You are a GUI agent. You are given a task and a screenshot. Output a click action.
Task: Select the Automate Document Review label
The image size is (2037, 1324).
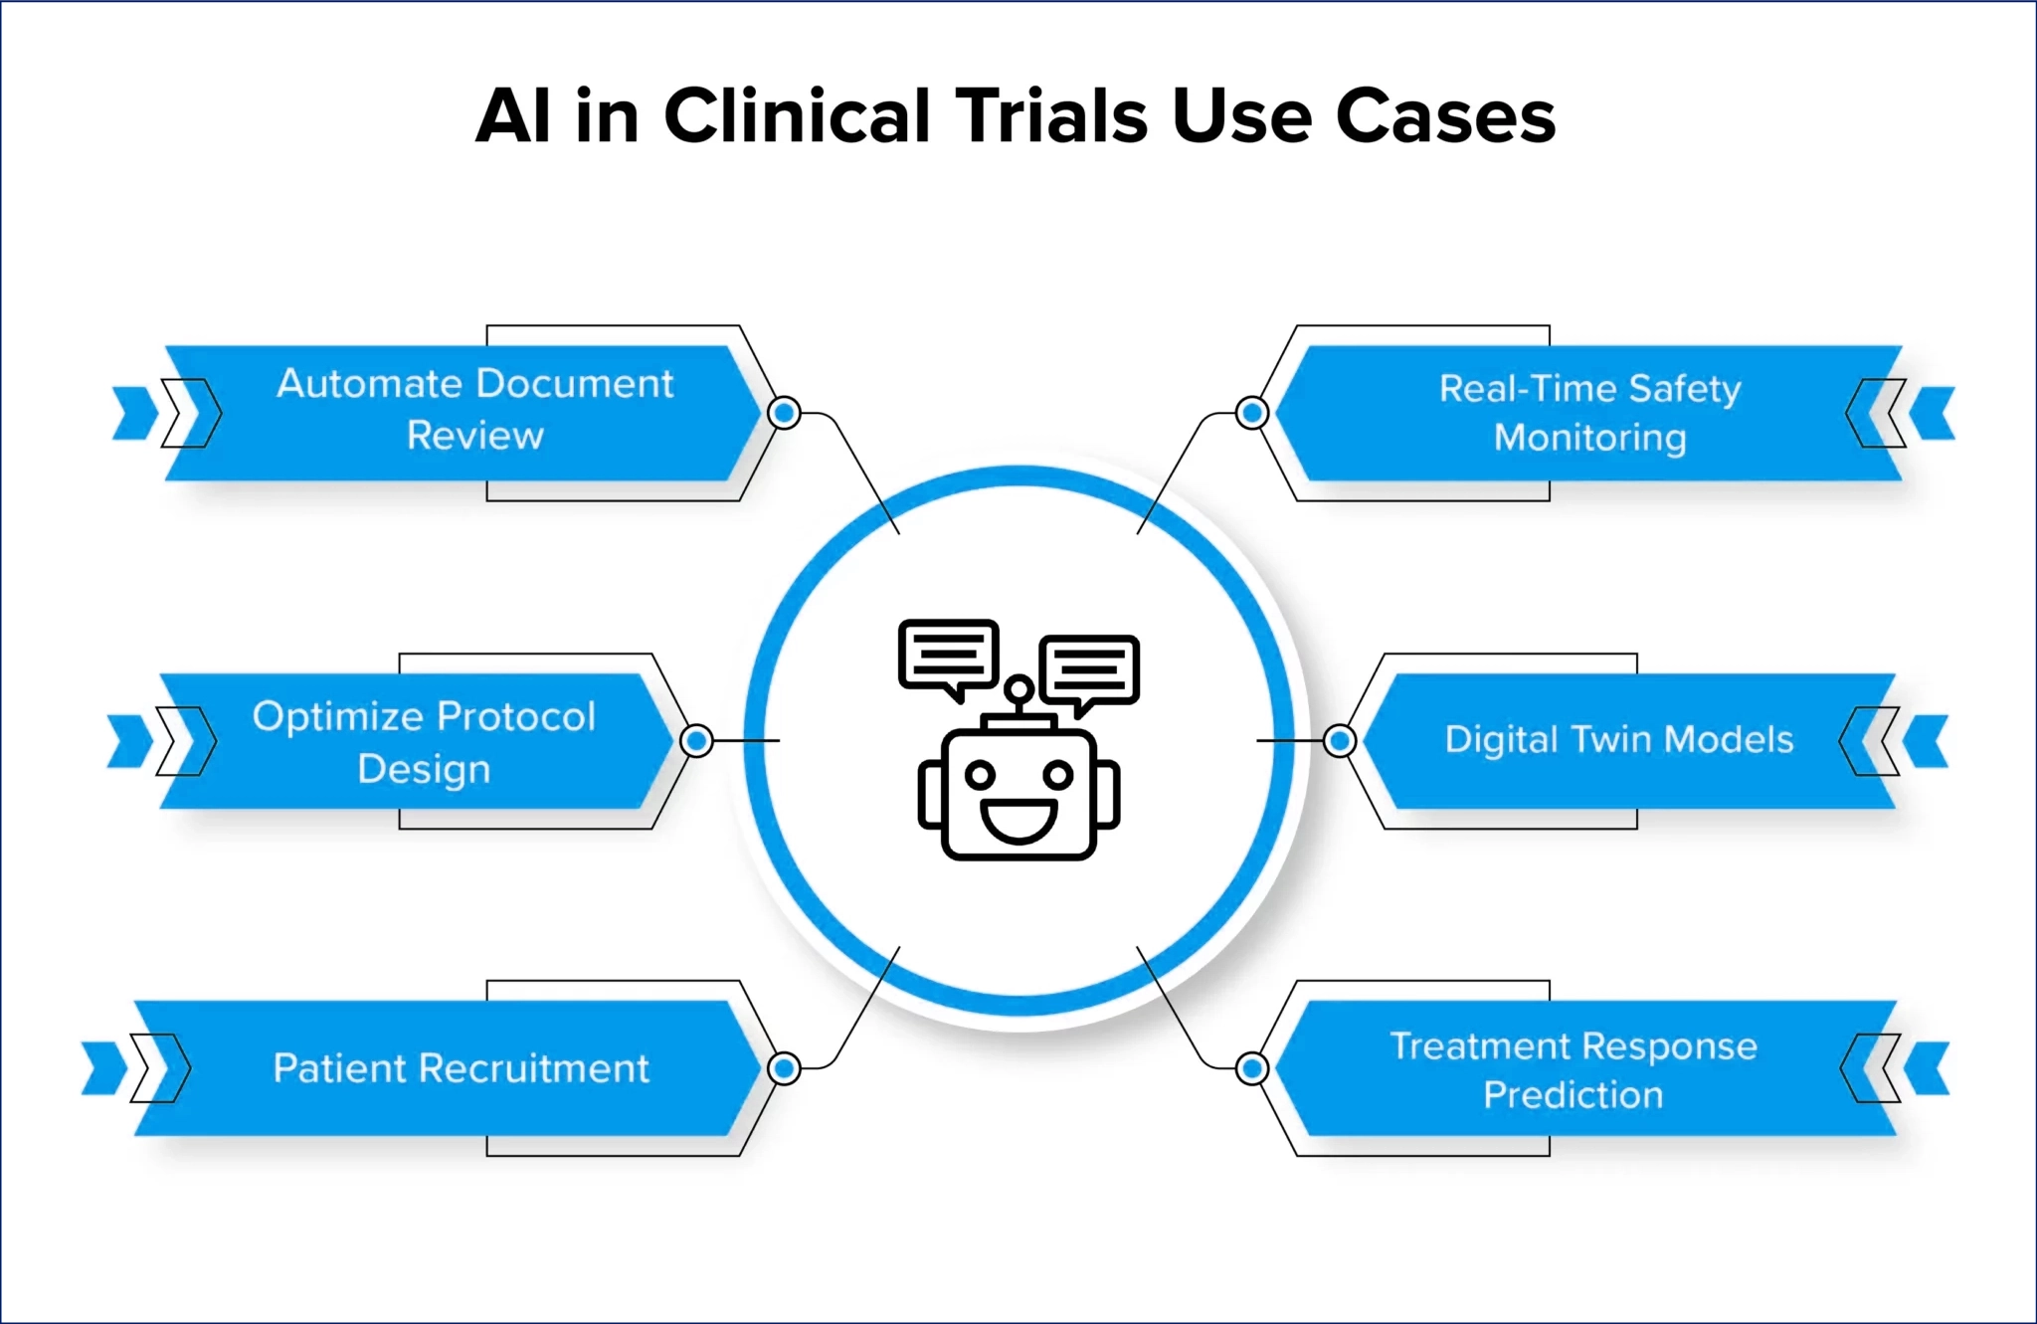tap(474, 410)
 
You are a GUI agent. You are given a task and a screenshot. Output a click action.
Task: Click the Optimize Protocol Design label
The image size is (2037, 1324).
tap(424, 742)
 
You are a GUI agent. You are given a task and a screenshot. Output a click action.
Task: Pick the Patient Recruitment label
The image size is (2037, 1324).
tap(461, 1068)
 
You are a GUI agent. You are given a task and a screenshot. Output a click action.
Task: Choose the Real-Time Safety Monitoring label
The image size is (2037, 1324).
tap(1589, 413)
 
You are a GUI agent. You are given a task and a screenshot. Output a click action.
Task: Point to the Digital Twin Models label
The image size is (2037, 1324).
tap(1618, 740)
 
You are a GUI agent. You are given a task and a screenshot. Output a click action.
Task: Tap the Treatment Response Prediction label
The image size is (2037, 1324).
tap(1573, 1069)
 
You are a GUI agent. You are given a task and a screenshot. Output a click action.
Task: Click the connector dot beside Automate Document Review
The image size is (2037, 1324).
tap(785, 412)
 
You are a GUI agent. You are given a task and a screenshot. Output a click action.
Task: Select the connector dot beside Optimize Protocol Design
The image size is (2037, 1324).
tap(697, 740)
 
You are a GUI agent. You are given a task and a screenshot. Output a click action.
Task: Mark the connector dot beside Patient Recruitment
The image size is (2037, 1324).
tap(785, 1068)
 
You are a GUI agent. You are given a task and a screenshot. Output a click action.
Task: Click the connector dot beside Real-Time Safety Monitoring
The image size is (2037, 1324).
tap(1251, 412)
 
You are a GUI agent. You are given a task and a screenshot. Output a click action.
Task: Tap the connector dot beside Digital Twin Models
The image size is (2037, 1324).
tap(1340, 740)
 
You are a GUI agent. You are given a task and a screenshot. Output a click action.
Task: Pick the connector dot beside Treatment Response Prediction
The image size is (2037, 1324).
tap(1251, 1068)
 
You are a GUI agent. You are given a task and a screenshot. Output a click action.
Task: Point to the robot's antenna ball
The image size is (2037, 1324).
tap(1018, 688)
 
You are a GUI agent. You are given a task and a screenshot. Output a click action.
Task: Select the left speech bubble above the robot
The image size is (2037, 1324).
tap(948, 655)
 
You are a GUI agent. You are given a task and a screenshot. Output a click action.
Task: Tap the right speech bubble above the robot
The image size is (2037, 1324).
tap(1090, 668)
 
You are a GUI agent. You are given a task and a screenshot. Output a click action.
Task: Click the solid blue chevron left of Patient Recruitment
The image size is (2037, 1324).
tap(103, 1068)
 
